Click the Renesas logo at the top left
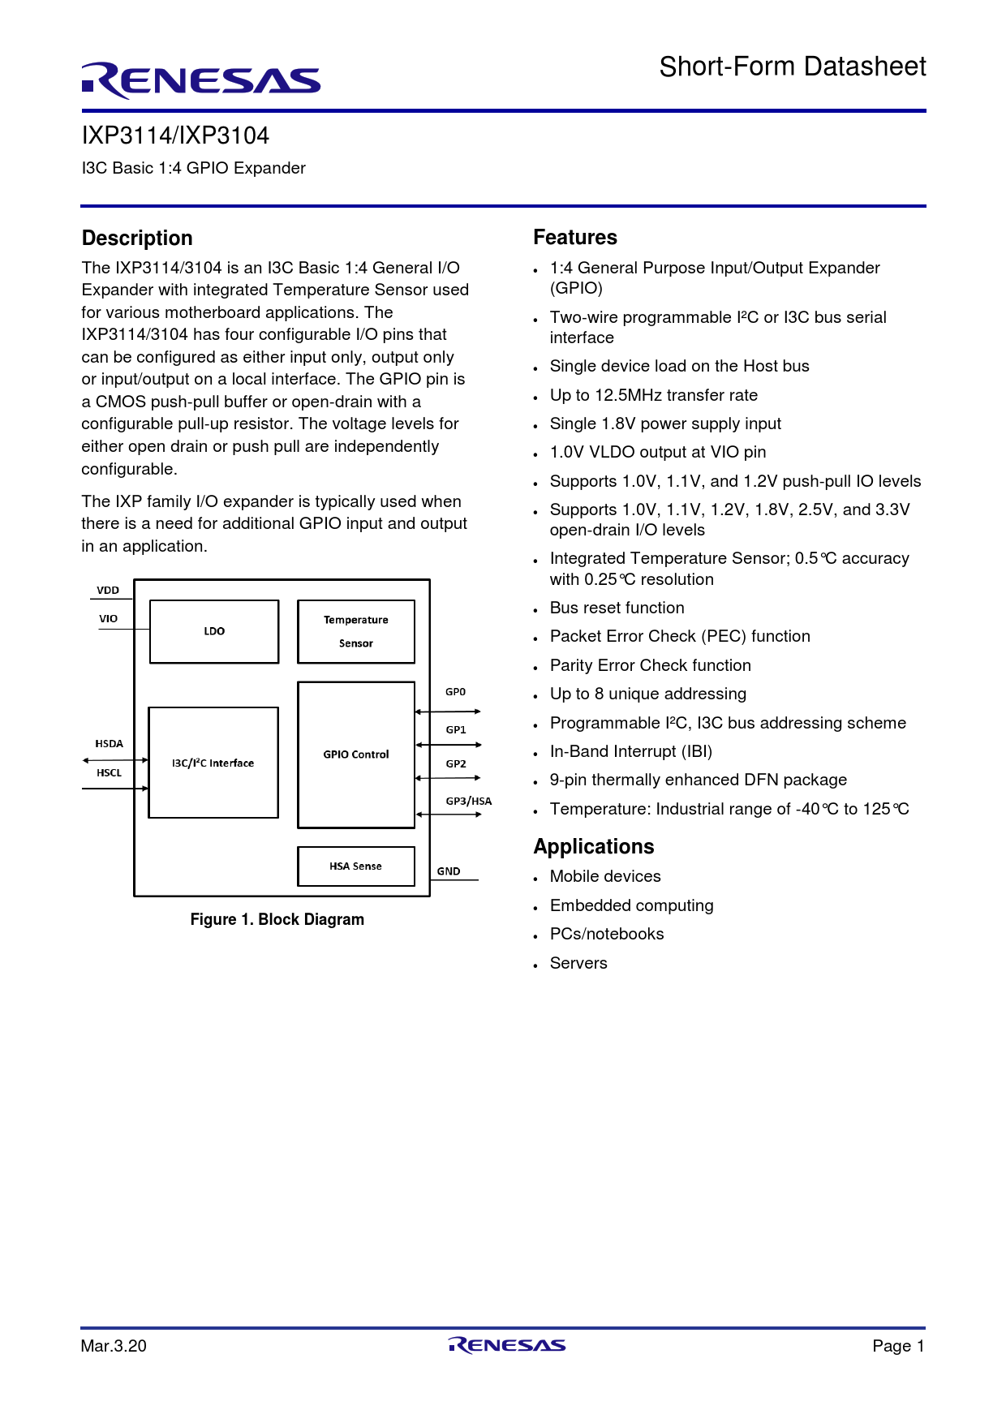200,80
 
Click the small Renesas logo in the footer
507,1345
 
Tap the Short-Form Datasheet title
792,67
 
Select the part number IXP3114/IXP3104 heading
175,135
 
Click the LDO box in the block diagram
214,631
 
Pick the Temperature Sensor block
356,631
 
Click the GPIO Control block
356,754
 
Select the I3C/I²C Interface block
213,763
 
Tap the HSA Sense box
355,866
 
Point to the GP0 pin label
455,692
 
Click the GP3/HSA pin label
468,801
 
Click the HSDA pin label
109,743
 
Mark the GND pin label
449,871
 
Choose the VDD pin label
108,590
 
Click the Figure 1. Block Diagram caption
277,919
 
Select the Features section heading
575,238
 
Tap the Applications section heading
594,846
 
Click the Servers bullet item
578,963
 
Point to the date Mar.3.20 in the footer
114,1346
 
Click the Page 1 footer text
898,1346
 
